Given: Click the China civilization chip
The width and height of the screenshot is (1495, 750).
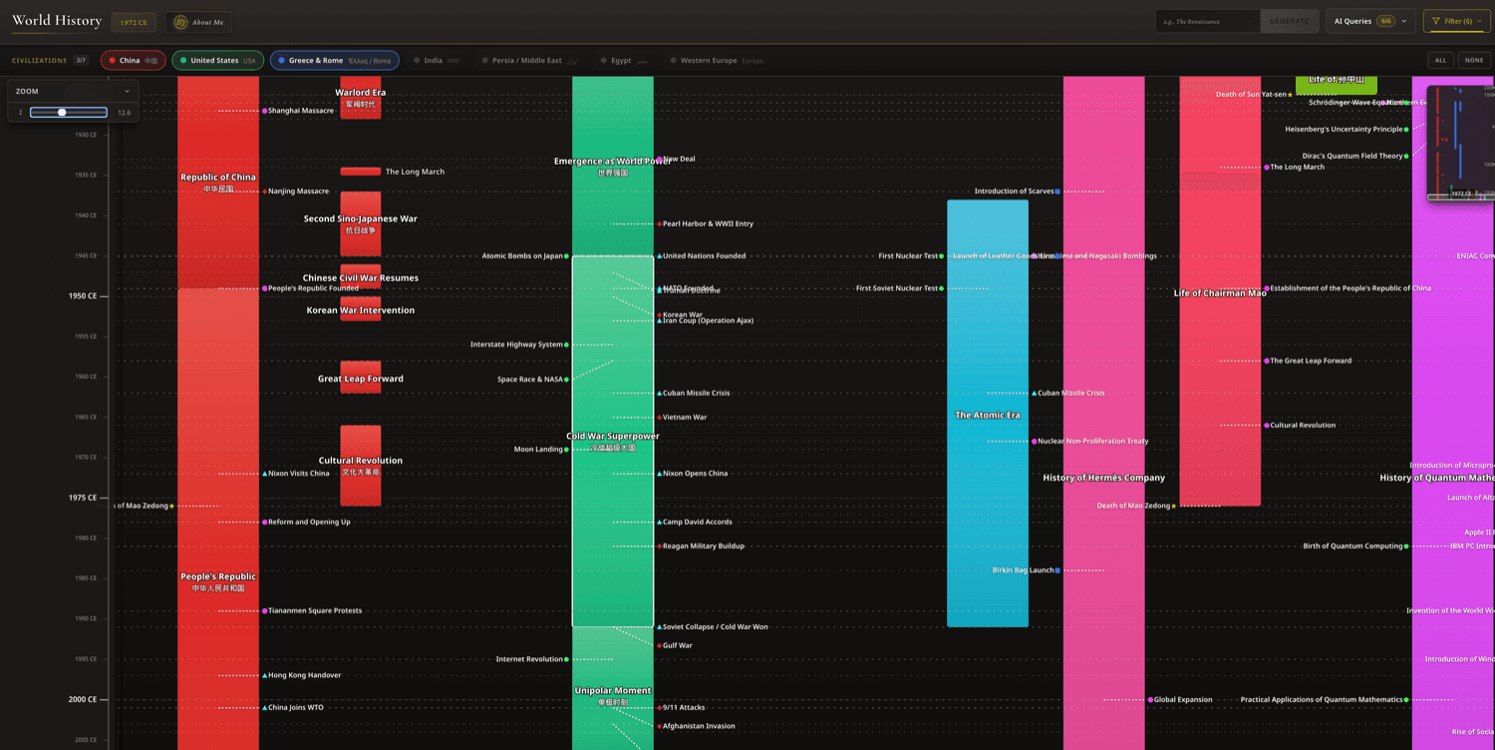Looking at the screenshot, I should click(x=133, y=61).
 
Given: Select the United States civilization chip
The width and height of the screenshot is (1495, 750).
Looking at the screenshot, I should click(x=217, y=61).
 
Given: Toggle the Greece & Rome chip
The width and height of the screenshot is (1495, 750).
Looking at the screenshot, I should click(x=334, y=61).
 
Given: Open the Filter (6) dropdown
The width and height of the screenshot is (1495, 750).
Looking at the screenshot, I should click(x=1456, y=21).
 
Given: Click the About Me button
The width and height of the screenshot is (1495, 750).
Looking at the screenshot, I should click(x=199, y=22).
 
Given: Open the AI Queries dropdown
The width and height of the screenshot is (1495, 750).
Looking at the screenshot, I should click(x=1370, y=21).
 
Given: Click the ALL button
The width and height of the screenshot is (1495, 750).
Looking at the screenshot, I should click(x=1440, y=61).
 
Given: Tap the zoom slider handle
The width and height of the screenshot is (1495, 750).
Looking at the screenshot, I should click(x=62, y=113).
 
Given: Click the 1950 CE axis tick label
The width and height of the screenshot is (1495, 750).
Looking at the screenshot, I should click(x=83, y=296).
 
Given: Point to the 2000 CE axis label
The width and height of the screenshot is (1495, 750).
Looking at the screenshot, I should click(x=83, y=699).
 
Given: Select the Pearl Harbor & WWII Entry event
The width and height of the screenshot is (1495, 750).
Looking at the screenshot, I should click(x=708, y=224).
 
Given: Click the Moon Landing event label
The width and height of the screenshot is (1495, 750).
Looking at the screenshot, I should click(x=538, y=450).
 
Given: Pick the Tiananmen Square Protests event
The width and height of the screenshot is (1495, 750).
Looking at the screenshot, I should click(x=314, y=610).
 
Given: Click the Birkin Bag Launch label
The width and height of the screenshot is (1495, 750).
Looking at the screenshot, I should click(x=1023, y=570).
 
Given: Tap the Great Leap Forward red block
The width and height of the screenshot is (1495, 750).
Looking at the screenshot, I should click(x=360, y=378).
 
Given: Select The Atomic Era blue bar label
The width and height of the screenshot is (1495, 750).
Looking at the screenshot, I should click(x=987, y=415).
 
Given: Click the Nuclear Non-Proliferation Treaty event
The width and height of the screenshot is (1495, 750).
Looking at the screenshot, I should click(x=1092, y=441).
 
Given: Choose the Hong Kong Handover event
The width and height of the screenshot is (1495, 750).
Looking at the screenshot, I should click(x=304, y=675).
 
